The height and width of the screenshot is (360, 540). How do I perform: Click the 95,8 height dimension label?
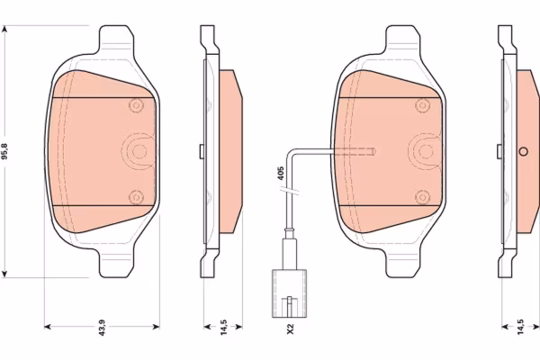pyautogui.click(x=4, y=151)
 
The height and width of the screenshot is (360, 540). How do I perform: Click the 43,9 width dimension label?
pyautogui.click(x=103, y=328)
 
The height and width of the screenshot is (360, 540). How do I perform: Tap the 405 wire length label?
pyautogui.click(x=280, y=173)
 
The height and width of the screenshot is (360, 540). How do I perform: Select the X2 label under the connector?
pyautogui.click(x=291, y=328)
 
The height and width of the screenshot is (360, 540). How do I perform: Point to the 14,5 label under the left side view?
pyautogui.click(x=223, y=328)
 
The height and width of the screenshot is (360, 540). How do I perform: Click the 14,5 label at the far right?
pyautogui.click(x=520, y=328)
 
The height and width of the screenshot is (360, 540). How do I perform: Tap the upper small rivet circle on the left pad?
pyautogui.click(x=136, y=105)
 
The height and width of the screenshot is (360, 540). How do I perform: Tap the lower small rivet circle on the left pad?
pyautogui.click(x=136, y=197)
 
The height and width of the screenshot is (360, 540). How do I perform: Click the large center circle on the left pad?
pyautogui.click(x=139, y=151)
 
